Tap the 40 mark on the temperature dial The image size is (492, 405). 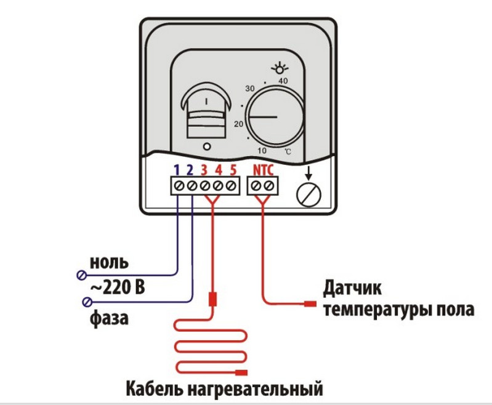[x=284, y=81]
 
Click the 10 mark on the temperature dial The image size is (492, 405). [x=262, y=150]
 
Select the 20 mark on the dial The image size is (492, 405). [x=238, y=123]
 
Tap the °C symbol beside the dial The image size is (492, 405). [x=288, y=151]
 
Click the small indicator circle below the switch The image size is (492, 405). [x=207, y=146]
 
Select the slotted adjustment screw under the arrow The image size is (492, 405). [x=309, y=194]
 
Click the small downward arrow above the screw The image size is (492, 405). [x=309, y=173]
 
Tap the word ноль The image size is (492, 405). [x=109, y=263]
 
